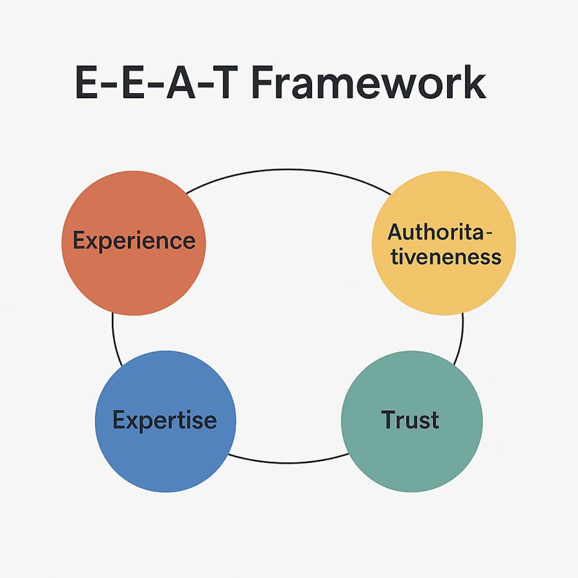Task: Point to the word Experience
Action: (x=134, y=241)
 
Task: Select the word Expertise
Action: (x=165, y=421)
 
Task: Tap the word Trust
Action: (x=410, y=420)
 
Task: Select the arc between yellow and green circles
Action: (x=460, y=337)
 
